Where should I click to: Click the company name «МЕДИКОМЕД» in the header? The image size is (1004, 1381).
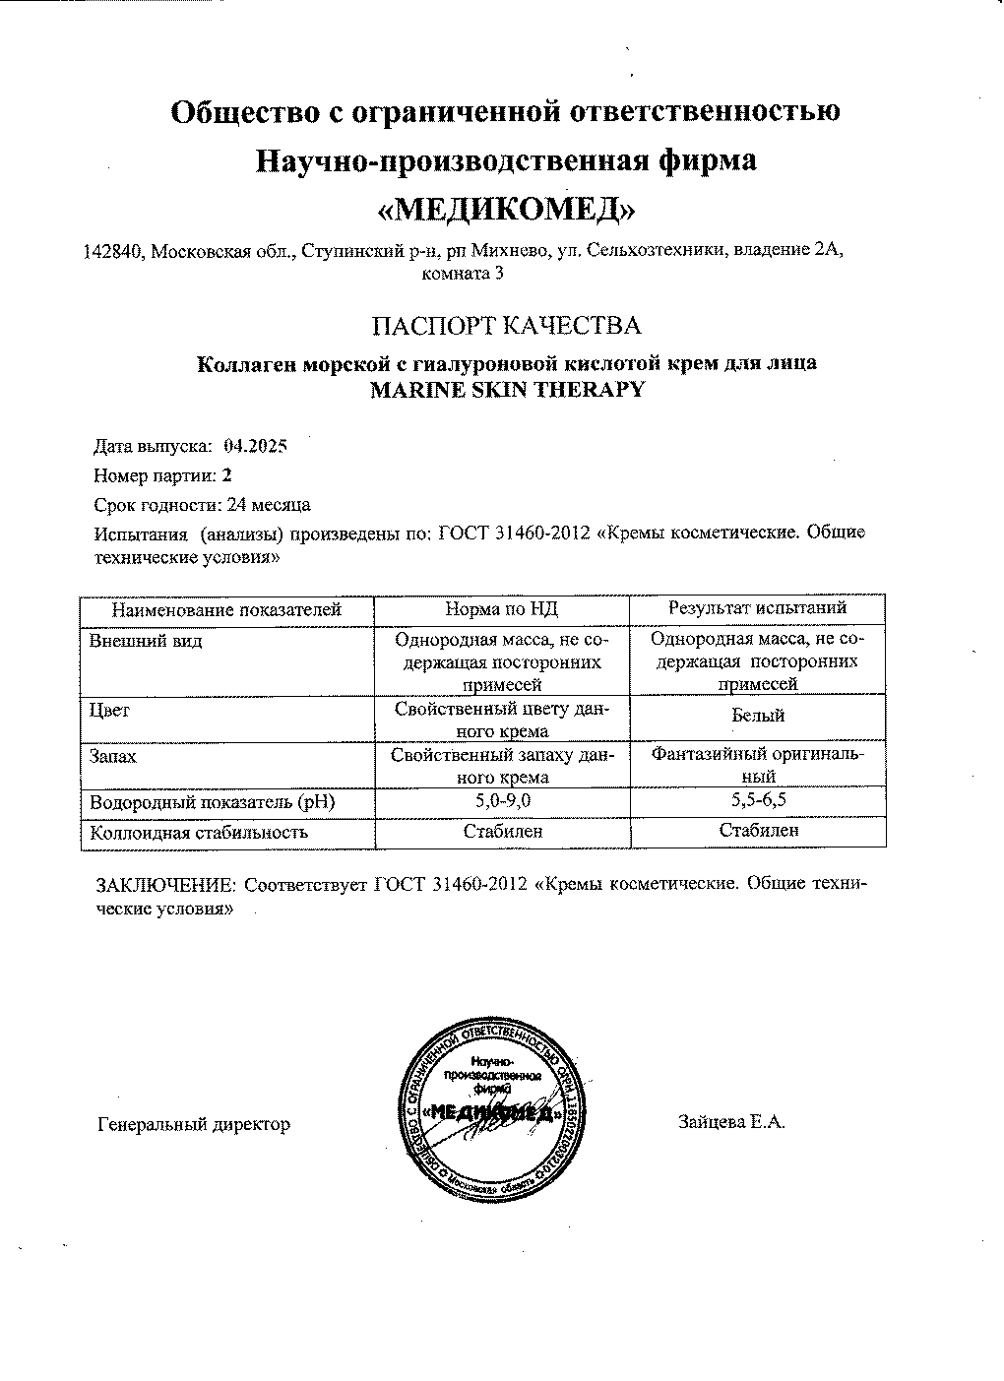(x=506, y=210)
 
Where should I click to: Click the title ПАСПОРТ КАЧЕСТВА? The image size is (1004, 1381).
(x=506, y=326)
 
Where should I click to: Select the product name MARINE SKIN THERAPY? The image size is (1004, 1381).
(x=506, y=389)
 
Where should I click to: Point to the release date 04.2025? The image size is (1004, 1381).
(x=255, y=446)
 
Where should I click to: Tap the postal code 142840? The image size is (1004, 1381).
(x=114, y=252)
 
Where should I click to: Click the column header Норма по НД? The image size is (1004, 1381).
(x=502, y=609)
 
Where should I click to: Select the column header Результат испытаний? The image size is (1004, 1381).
(x=758, y=608)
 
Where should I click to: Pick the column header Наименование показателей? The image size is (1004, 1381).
(x=225, y=610)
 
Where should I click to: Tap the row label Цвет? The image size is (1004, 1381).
(x=109, y=710)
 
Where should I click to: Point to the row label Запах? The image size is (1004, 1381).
(x=113, y=757)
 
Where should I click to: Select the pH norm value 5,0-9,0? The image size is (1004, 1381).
(x=502, y=801)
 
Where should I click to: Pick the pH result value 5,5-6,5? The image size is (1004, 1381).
(x=758, y=800)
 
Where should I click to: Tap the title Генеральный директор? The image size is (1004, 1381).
(x=194, y=1124)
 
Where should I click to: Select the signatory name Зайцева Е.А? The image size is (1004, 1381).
(x=731, y=1122)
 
